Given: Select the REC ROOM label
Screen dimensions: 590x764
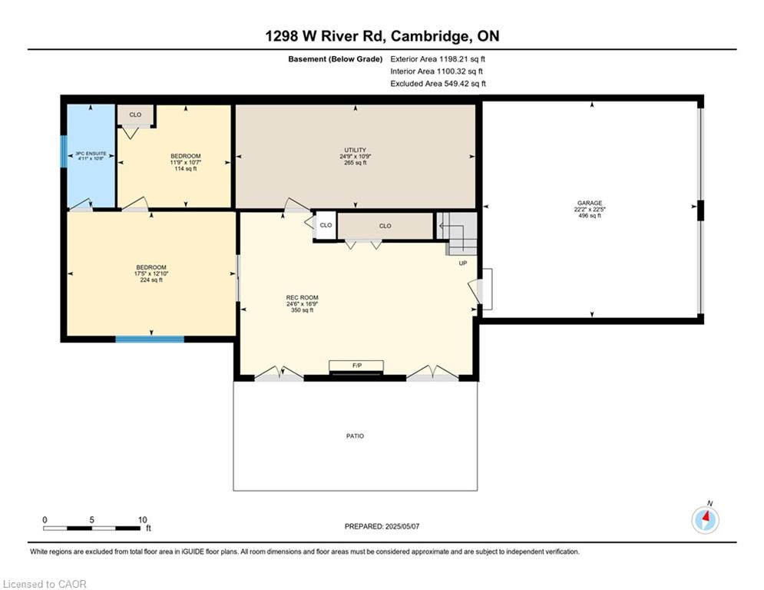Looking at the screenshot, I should (301, 303).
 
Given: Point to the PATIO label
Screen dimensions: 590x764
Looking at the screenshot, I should (355, 436).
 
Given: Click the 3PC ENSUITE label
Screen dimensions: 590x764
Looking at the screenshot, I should (91, 157).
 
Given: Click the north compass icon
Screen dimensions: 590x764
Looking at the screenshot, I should (705, 520).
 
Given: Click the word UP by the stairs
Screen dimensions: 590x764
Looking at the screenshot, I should (463, 264).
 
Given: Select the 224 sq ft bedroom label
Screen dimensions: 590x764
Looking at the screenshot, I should (150, 273).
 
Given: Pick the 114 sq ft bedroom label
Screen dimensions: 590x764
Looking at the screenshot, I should (185, 162).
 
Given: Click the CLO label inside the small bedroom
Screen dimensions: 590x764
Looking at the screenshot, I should (135, 114).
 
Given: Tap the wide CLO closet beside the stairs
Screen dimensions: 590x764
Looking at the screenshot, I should (385, 226).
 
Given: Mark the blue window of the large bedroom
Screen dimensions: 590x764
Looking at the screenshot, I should (150, 339).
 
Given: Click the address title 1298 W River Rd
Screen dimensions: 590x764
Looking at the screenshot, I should (382, 36).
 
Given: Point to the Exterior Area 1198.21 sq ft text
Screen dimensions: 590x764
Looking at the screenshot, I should (438, 58).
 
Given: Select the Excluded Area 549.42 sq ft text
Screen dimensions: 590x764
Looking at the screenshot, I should (438, 84).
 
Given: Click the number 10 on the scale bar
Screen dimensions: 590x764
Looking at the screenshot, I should (141, 520).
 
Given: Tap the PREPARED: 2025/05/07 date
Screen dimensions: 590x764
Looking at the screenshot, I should (382, 526).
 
